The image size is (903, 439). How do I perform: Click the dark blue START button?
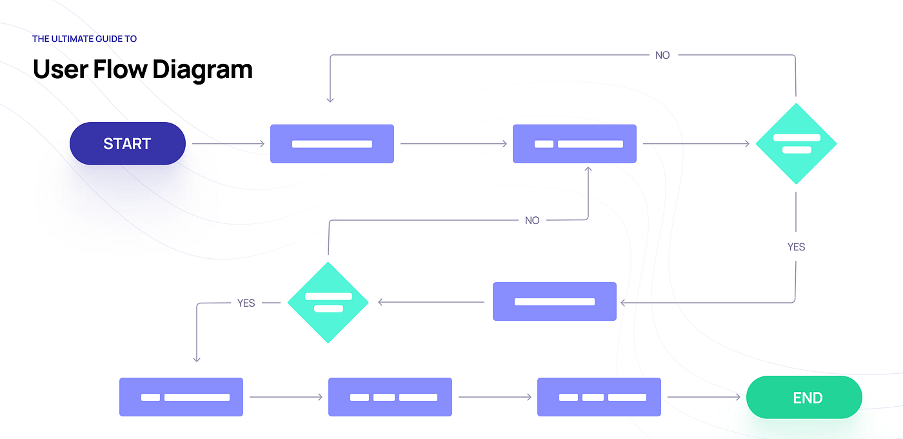pyautogui.click(x=127, y=143)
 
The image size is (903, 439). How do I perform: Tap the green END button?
pyautogui.click(x=804, y=397)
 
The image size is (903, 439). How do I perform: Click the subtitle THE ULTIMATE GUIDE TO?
pyautogui.click(x=84, y=39)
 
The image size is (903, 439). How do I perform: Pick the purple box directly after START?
pyautogui.click(x=332, y=143)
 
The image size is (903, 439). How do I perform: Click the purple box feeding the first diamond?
pyautogui.click(x=574, y=143)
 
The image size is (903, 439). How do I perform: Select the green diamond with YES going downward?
pyautogui.click(x=796, y=143)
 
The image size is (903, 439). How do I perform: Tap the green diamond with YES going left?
pyautogui.click(x=328, y=302)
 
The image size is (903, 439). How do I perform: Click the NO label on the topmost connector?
pyautogui.click(x=662, y=56)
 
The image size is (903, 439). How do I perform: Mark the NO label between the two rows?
pyautogui.click(x=532, y=221)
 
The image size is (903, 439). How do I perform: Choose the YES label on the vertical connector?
pyautogui.click(x=796, y=247)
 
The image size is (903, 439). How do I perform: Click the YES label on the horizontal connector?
pyautogui.click(x=246, y=303)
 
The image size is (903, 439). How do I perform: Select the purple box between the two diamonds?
pyautogui.click(x=554, y=301)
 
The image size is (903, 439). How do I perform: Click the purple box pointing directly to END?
pyautogui.click(x=599, y=397)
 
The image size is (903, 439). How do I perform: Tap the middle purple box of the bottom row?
pyautogui.click(x=390, y=397)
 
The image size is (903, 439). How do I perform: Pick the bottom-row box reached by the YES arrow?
pyautogui.click(x=181, y=397)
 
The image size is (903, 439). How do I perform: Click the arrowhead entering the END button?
pyautogui.click(x=738, y=397)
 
